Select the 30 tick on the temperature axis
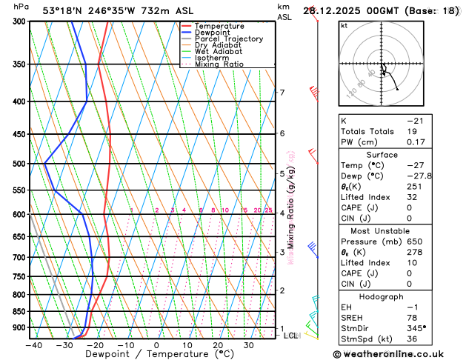[x=249, y=344]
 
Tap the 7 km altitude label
[x=282, y=93]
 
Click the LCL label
[x=291, y=336]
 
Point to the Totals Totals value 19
[x=410, y=130]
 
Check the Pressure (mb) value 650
[x=413, y=241]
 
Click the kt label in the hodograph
[x=344, y=25]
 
